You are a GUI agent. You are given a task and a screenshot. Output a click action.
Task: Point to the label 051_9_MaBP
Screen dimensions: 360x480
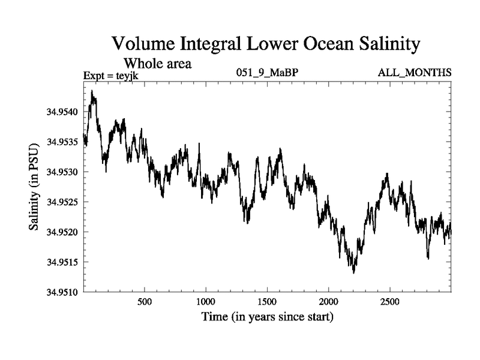(267, 73)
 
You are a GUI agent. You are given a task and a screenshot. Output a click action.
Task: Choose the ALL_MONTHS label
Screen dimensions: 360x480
(414, 73)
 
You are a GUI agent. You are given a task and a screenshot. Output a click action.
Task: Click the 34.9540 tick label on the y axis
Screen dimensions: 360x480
(62, 112)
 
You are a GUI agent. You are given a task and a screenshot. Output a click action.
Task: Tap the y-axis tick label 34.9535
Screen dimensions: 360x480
(62, 142)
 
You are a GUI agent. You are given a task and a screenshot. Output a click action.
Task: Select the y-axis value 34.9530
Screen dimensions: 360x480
(62, 172)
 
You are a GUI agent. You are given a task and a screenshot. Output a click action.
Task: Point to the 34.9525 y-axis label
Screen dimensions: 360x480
(62, 202)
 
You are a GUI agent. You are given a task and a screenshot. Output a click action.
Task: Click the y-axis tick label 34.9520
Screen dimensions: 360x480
(62, 232)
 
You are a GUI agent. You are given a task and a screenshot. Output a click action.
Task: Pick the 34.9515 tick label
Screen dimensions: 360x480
(62, 262)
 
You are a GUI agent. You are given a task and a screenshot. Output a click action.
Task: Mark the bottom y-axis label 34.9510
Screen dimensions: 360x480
(62, 292)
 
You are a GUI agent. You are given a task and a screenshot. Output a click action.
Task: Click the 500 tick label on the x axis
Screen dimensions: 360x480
(144, 301)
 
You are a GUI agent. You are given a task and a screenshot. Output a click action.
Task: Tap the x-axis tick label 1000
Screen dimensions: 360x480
(205, 301)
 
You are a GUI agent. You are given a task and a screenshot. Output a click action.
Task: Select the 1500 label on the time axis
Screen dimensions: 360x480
(267, 301)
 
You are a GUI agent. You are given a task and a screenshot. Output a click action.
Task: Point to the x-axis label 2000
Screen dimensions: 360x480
(328, 301)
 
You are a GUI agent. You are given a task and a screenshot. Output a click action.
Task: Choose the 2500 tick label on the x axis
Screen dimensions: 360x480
(389, 301)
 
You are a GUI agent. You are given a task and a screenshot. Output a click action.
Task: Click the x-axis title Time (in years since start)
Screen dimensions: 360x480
(267, 316)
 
